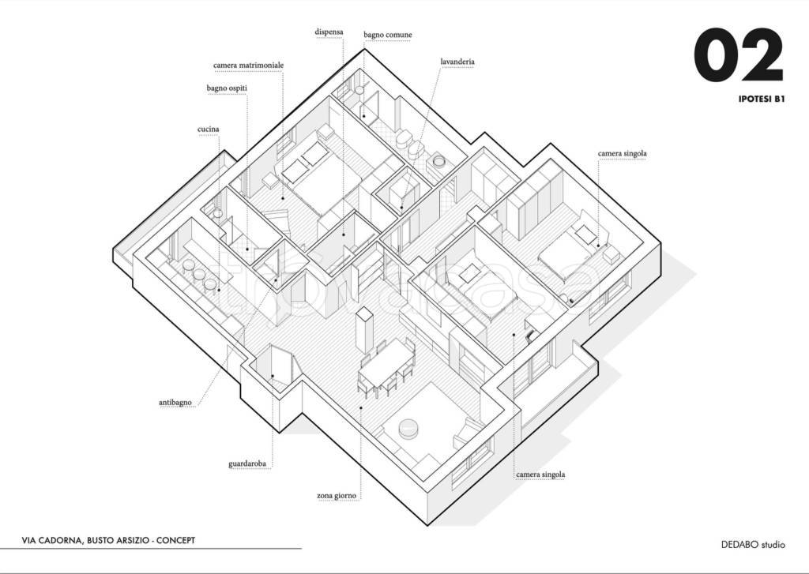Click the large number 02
tap(739, 55)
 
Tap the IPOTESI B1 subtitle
tap(762, 99)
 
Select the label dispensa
tap(329, 32)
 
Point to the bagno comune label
tap(387, 35)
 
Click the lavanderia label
tap(457, 62)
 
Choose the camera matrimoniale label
tap(248, 66)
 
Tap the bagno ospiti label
tap(227, 88)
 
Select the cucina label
tap(208, 129)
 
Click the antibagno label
tap(175, 402)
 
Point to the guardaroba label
tap(247, 463)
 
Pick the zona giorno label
tap(337, 496)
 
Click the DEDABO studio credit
tap(753, 545)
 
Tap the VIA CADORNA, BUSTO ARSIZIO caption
tap(108, 541)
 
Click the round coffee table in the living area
tap(410, 429)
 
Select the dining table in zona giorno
tap(386, 363)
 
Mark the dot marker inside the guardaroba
tap(273, 376)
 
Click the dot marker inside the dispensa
tap(343, 235)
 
